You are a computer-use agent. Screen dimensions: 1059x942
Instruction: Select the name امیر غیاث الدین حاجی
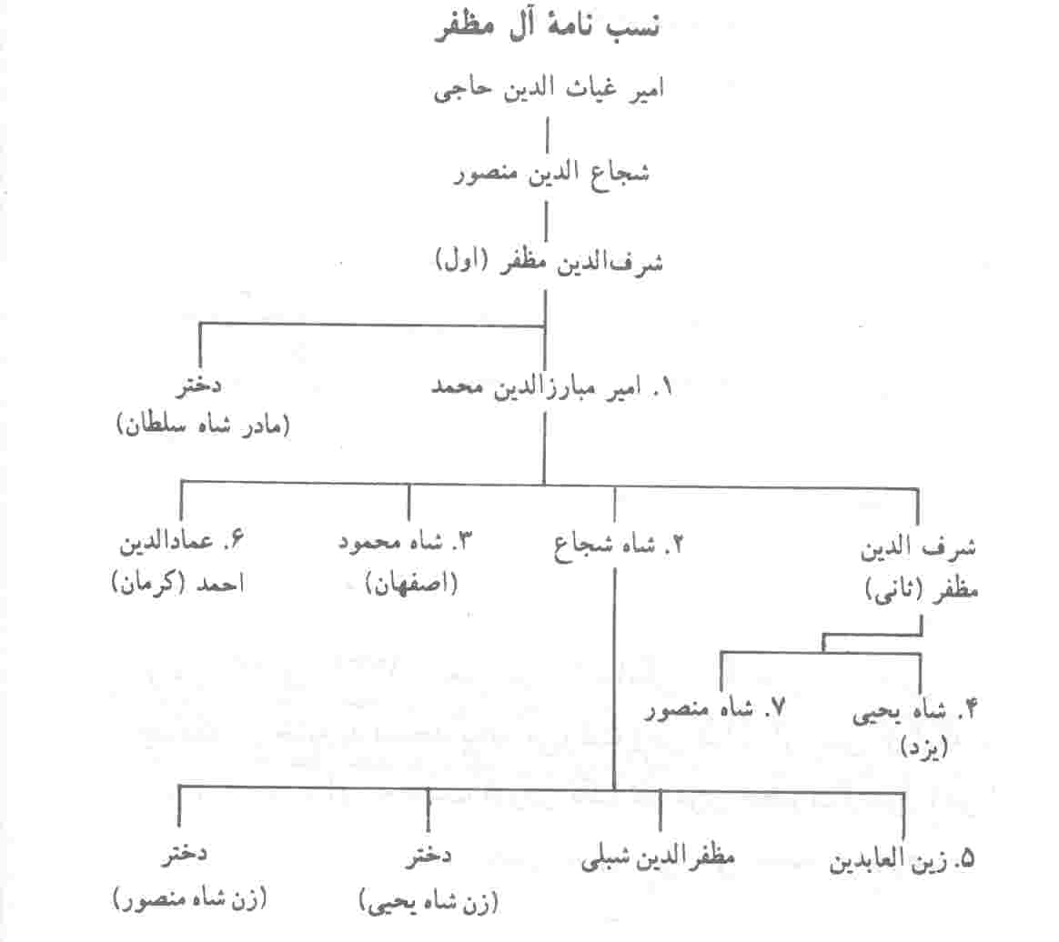point(549,89)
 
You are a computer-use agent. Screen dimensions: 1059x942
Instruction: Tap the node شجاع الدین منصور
point(551,174)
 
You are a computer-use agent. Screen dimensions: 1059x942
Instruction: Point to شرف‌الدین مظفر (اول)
point(549,262)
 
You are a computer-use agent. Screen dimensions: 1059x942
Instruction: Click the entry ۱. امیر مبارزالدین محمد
point(551,387)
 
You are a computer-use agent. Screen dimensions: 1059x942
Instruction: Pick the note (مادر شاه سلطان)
point(203,426)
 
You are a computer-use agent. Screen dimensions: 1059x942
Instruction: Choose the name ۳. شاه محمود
point(405,542)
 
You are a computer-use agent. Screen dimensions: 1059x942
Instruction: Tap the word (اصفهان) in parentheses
point(411,583)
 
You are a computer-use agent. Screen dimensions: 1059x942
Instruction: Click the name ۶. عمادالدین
point(181,541)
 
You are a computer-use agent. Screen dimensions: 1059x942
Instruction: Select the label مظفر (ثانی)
point(922,590)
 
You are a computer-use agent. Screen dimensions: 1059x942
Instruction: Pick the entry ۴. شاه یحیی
point(914,711)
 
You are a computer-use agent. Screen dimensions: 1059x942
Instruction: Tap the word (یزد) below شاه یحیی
point(924,747)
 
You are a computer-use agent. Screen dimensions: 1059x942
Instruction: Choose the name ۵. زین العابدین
point(903,859)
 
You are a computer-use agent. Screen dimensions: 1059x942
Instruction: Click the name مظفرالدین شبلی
point(657,857)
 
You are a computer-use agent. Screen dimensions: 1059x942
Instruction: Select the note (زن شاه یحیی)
point(429,901)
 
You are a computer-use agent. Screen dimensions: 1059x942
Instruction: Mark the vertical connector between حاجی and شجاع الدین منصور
point(547,135)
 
